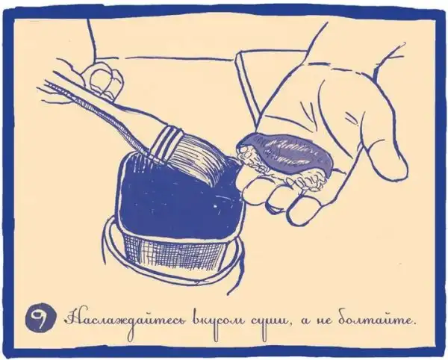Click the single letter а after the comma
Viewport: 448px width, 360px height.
[303, 321]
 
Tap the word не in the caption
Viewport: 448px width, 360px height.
[323, 321]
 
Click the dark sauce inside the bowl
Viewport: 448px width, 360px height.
[177, 200]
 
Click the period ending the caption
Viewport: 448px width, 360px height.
[414, 324]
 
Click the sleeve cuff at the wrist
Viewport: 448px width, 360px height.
[248, 83]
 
